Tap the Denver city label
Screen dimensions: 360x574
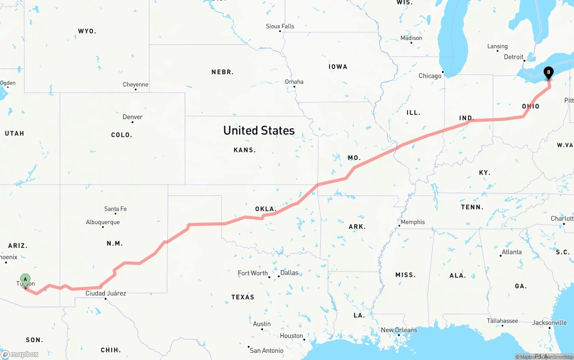pos(133,117)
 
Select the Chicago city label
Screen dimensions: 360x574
pos(430,76)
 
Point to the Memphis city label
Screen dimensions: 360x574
pos(413,222)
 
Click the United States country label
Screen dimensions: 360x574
pos(259,130)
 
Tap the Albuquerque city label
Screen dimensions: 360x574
pos(103,222)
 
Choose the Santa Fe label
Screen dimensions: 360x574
pos(115,209)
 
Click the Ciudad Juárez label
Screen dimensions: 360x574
pos(106,294)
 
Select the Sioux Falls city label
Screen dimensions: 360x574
pos(280,26)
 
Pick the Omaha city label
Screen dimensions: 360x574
pos(294,82)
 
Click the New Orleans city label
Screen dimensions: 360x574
pos(399,330)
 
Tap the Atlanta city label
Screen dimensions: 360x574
pos(512,252)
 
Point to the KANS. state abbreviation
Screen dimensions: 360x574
pos(244,150)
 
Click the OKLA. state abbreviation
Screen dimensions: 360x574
pos(265,209)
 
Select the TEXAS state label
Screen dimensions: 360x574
pos(243,297)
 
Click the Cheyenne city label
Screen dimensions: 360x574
pos(135,85)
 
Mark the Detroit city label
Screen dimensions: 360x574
pos(513,57)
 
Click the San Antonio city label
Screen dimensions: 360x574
pos(266,351)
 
